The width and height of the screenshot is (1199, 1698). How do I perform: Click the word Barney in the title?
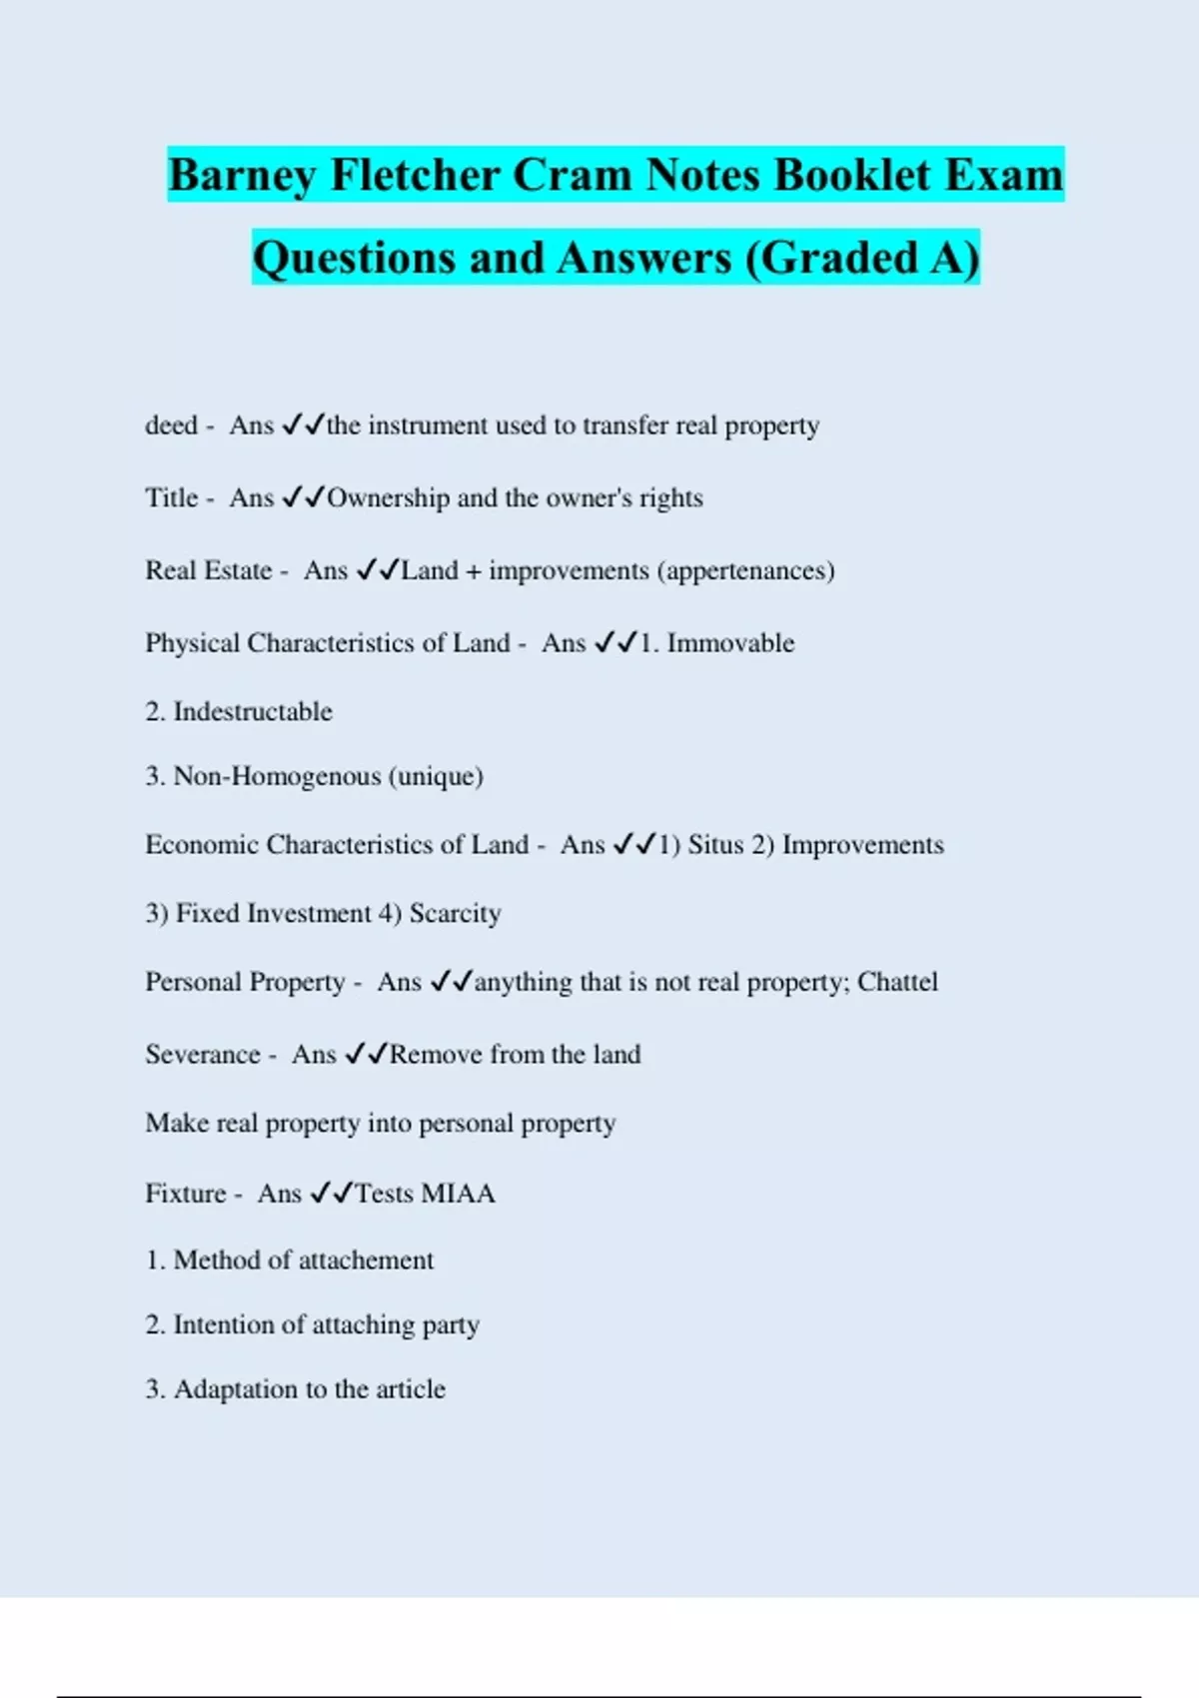[242, 176]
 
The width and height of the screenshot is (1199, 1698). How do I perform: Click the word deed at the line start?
[171, 425]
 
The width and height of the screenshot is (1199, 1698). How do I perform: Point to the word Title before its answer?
[172, 497]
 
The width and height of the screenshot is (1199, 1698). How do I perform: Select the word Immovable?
[730, 643]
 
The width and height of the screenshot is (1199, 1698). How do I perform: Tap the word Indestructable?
[253, 712]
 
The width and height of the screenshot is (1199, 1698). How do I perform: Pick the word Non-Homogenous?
[277, 776]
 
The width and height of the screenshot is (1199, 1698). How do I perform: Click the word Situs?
[715, 845]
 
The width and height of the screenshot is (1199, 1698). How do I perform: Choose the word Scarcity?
[455, 914]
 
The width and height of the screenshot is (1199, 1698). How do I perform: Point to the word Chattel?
[897, 982]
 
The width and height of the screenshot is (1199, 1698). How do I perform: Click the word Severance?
[203, 1055]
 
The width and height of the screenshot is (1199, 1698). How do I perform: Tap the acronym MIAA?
[458, 1194]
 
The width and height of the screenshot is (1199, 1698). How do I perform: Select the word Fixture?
[186, 1194]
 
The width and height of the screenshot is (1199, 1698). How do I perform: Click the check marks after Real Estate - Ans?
[378, 570]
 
